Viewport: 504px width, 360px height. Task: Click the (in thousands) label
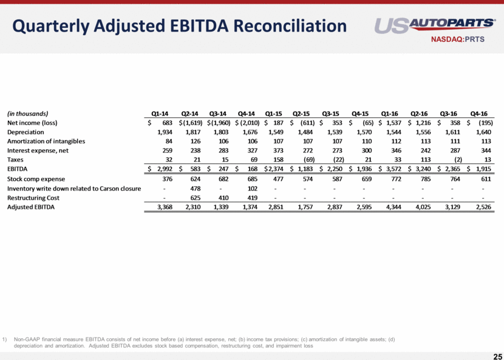point(27,113)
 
